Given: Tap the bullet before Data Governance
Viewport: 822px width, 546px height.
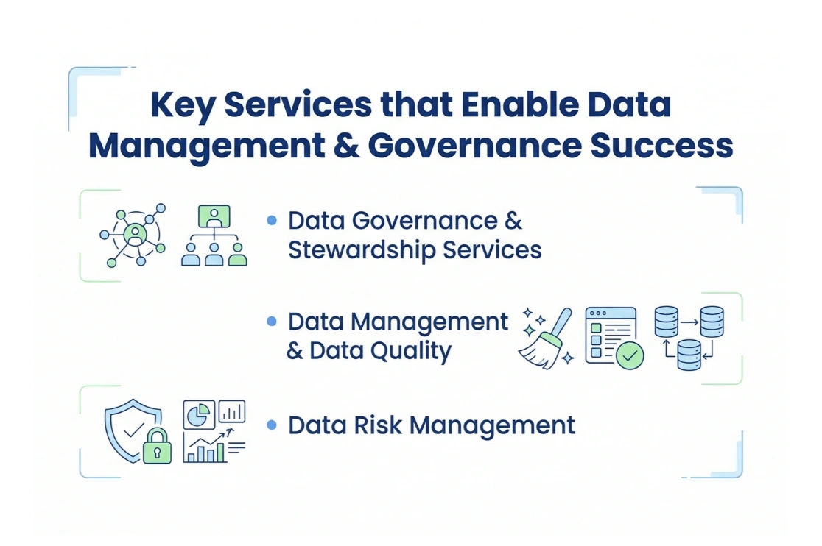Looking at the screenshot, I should click(272, 220).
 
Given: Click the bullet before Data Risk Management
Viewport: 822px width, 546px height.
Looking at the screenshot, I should click(272, 425).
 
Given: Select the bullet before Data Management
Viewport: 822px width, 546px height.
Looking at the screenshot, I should click(272, 322).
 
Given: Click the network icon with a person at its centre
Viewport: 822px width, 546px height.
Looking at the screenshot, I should click(134, 235).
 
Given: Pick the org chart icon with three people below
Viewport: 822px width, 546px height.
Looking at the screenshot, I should click(214, 235).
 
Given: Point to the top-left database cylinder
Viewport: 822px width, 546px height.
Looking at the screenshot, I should click(666, 322).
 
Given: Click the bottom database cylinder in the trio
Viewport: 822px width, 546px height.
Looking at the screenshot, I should click(689, 355).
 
